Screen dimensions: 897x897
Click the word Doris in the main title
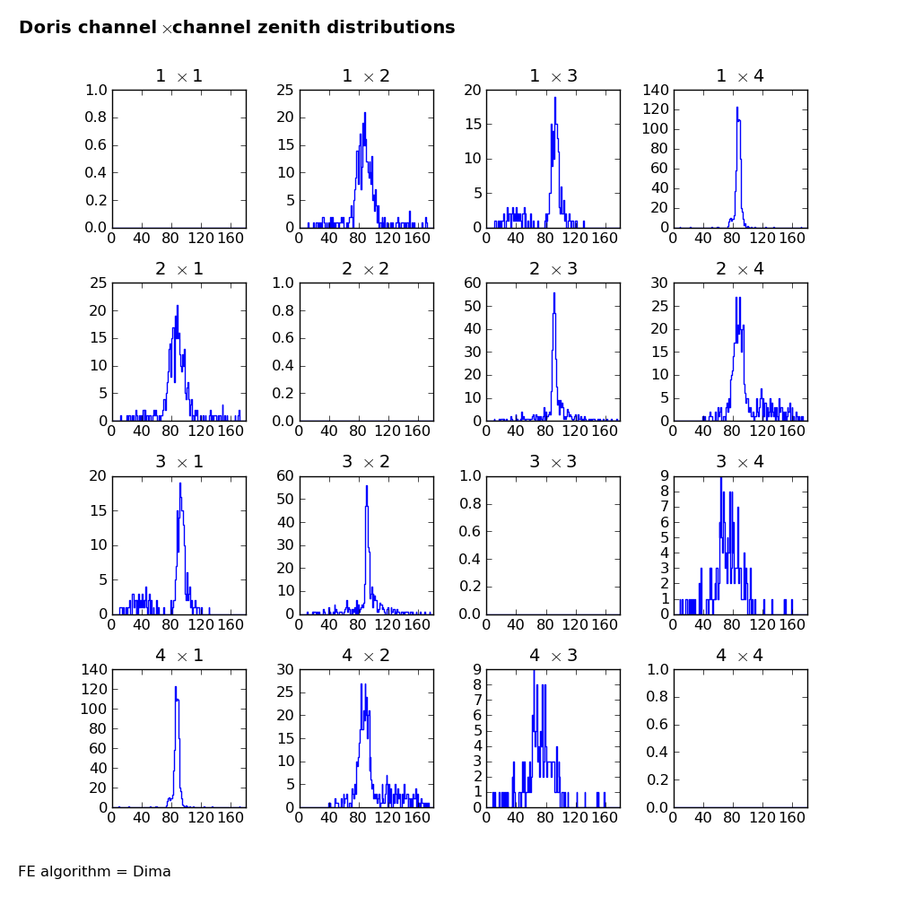click(x=48, y=28)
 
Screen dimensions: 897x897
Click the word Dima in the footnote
click(x=152, y=871)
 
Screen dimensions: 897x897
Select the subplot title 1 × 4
click(x=740, y=76)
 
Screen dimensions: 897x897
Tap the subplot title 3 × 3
click(x=553, y=462)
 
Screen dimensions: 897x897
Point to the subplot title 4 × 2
click(x=366, y=655)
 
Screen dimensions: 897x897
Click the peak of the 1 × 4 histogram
click(x=736, y=107)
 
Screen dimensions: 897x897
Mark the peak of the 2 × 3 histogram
click(x=553, y=293)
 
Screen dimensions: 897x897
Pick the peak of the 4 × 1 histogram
click(x=176, y=686)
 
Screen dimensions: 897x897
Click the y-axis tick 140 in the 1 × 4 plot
click(x=656, y=90)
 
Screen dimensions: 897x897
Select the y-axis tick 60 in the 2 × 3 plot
click(x=473, y=283)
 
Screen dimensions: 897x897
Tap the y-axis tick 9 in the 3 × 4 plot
click(x=665, y=475)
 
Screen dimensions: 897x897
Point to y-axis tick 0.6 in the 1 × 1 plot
click(x=96, y=144)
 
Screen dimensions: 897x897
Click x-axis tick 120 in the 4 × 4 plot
click(x=762, y=817)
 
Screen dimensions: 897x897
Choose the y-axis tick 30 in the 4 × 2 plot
click(x=286, y=669)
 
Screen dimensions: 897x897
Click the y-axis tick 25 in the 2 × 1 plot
click(x=99, y=283)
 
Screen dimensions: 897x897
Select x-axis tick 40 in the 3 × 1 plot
click(x=142, y=624)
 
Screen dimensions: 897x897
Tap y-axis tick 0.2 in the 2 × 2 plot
click(x=283, y=393)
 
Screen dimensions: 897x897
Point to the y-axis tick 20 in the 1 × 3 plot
click(x=473, y=90)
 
